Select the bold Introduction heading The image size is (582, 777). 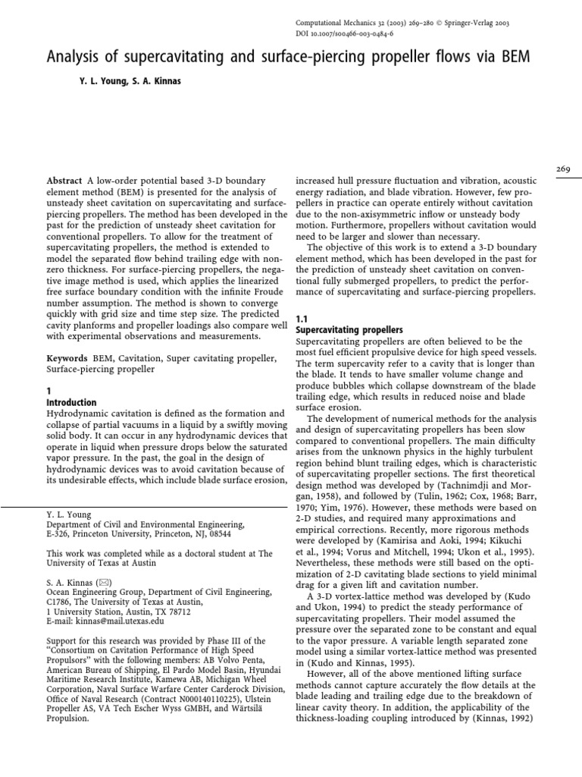coord(71,402)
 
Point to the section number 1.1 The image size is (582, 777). coord(300,319)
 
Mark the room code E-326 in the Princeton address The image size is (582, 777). coord(60,534)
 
